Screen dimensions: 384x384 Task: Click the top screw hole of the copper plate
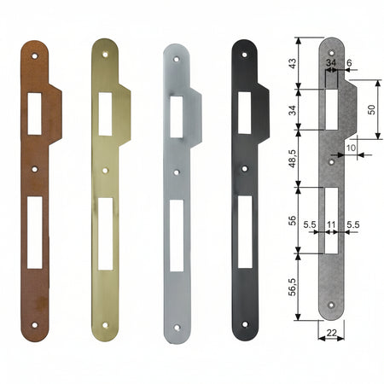click(34, 56)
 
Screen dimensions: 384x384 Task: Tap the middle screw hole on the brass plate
click(105, 171)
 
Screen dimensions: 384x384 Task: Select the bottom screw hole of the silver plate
click(177, 328)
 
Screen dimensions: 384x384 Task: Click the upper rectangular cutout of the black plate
click(244, 113)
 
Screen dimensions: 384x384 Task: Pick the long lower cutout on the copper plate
click(35, 232)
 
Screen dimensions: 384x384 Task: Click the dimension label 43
click(293, 63)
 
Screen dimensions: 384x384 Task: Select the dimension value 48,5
click(293, 159)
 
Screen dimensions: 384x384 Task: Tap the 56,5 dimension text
click(293, 287)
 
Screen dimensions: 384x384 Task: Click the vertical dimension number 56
click(293, 220)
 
